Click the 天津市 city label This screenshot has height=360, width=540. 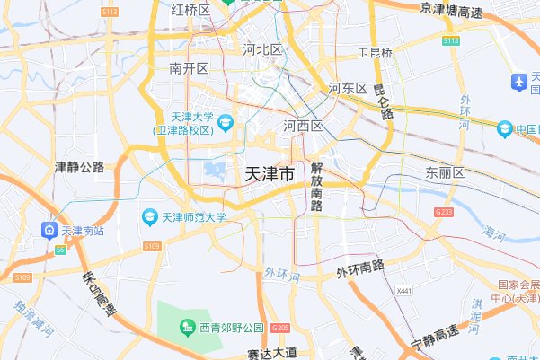269,176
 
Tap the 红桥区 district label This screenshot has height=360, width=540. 190,10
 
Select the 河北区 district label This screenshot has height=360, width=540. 263,50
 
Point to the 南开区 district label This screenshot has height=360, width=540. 189,68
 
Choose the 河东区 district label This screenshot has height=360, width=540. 348,88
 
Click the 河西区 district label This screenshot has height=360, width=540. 303,126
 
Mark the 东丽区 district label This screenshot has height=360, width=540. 445,172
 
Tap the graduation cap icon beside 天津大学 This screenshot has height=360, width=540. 225,120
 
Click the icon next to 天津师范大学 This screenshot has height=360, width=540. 150,216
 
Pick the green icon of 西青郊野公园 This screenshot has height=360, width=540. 188,327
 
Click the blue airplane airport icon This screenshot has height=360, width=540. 518,82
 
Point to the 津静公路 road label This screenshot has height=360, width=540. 80,167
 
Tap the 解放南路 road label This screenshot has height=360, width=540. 316,187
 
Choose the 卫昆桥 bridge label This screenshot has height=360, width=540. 376,53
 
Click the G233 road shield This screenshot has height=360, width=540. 443,212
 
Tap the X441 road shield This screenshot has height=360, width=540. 404,291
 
